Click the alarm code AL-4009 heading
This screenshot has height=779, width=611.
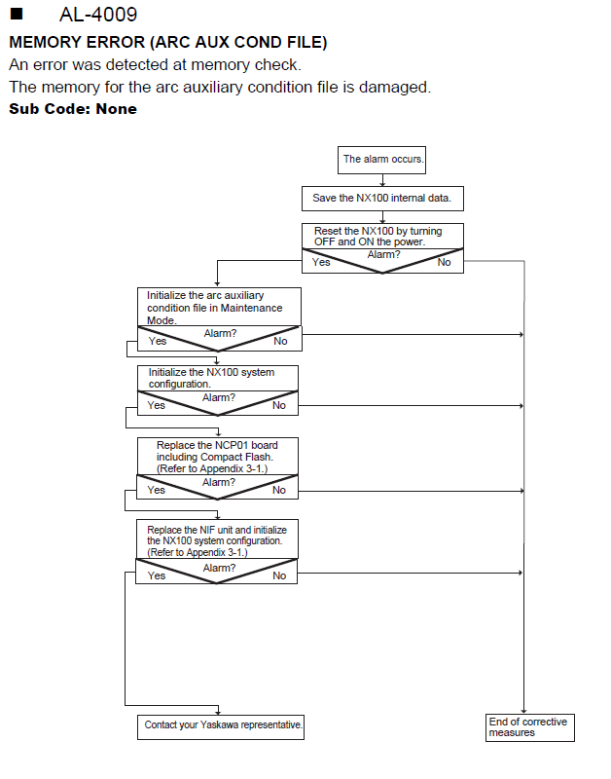(98, 15)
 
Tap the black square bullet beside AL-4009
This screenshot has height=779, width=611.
(17, 14)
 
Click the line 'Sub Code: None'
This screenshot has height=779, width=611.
(73, 109)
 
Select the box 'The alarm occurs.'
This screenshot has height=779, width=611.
(381, 160)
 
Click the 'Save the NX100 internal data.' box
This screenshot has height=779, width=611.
(382, 199)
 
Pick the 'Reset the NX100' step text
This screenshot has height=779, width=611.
(377, 237)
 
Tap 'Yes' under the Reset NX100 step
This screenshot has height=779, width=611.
(321, 262)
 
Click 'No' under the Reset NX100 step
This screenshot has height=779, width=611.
(444, 262)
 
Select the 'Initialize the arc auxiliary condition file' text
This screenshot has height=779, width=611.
(214, 308)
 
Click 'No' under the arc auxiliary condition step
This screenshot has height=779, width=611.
(280, 342)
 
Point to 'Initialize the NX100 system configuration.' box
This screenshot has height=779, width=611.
(218, 379)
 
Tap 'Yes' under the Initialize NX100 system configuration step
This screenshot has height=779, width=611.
(157, 405)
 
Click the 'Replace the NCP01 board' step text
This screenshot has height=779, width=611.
(217, 457)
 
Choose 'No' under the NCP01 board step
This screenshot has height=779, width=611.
(279, 491)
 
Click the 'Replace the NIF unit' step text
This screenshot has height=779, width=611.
(217, 541)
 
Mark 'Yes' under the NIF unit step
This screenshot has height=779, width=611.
(157, 575)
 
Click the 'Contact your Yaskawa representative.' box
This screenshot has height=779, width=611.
(221, 726)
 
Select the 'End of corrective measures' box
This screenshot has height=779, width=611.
(530, 727)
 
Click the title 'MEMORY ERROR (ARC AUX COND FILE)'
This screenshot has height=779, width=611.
(168, 42)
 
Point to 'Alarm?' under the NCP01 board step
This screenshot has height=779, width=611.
(218, 482)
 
